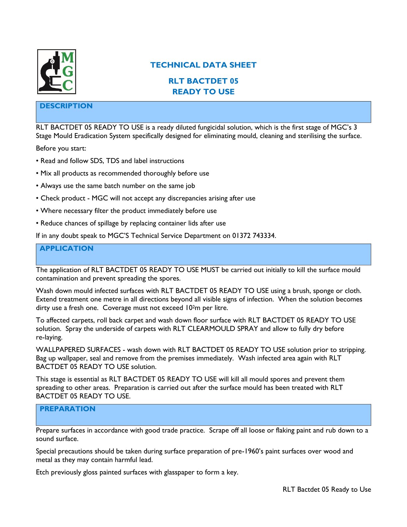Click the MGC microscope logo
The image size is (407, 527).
(x=57, y=72)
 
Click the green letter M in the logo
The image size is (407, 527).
(x=67, y=58)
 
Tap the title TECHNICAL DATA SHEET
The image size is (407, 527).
(x=203, y=65)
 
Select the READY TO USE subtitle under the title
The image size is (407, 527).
(x=203, y=91)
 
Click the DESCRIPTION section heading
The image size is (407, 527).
(x=66, y=106)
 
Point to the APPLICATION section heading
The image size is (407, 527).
(x=67, y=248)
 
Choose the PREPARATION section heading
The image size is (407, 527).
(x=68, y=409)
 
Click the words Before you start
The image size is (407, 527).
(x=61, y=148)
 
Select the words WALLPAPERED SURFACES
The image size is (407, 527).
(x=78, y=349)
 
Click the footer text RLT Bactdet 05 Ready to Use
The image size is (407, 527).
(x=327, y=489)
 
